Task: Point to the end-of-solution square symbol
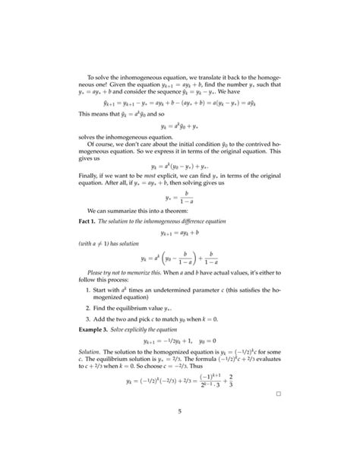point(279,395)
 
